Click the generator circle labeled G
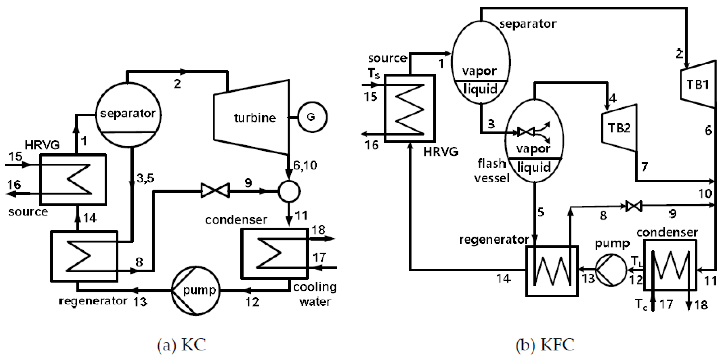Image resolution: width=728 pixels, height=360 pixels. pyautogui.click(x=312, y=117)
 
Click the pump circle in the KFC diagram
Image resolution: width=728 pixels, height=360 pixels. pyautogui.click(x=611, y=270)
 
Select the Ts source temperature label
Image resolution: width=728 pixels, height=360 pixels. pyautogui.click(x=374, y=74)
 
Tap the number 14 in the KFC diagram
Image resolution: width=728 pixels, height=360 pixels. pyautogui.click(x=503, y=278)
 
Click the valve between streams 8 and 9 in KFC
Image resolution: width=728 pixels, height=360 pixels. pyautogui.click(x=633, y=206)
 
